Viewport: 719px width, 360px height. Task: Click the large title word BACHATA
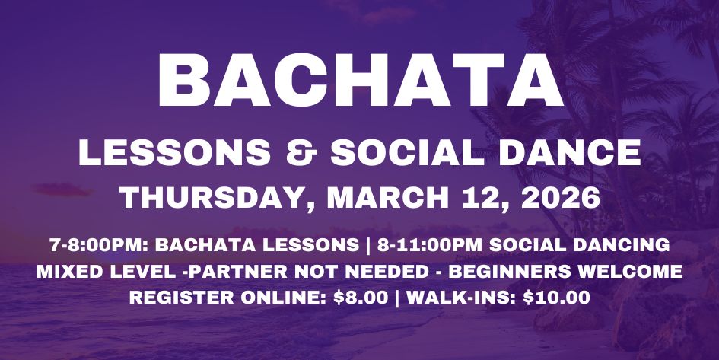359,81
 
